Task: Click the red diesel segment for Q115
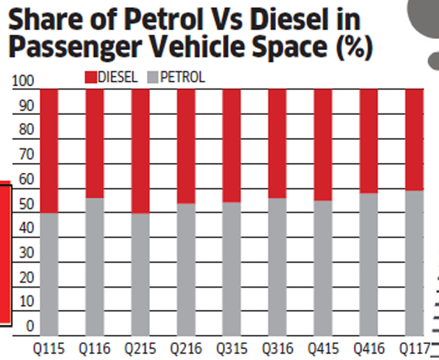point(49,150)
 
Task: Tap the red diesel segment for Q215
point(140,150)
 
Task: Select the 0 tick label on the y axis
point(29,326)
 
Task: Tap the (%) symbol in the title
point(351,49)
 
